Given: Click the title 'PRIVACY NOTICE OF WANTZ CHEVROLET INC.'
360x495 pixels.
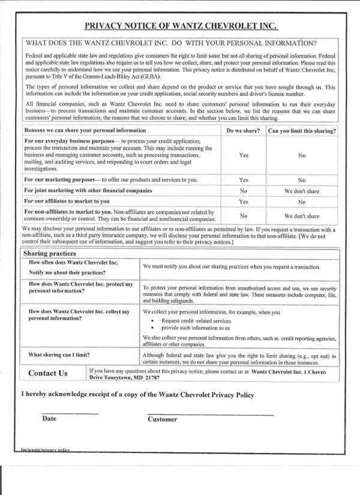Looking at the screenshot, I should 181,26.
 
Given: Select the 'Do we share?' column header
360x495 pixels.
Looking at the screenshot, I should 244,130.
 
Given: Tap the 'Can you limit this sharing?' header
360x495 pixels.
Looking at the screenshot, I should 301,130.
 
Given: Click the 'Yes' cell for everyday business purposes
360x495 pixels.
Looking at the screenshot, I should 244,155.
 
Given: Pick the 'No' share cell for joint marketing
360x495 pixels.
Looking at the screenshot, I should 244,191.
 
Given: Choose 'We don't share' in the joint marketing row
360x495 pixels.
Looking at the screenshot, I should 301,191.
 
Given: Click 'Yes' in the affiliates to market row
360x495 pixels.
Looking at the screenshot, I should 244,202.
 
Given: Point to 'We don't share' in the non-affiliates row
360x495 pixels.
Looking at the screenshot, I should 301,215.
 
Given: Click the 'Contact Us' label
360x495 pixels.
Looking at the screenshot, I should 48,373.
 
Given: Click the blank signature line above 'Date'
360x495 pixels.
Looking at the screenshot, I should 70,413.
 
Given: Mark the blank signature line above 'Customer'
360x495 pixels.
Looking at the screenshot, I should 210,414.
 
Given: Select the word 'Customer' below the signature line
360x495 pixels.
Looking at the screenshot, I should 163,419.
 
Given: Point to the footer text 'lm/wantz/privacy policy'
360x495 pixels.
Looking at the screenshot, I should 46,449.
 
